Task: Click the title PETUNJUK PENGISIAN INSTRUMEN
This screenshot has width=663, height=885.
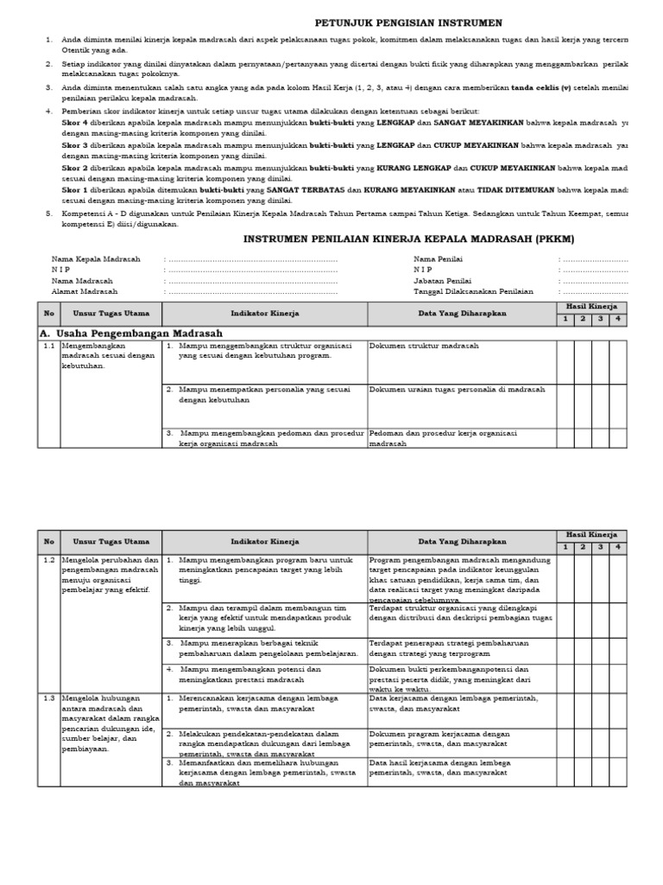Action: click(x=396, y=22)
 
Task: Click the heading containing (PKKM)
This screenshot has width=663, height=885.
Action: click(x=408, y=238)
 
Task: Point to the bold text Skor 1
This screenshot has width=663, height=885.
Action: click(x=74, y=188)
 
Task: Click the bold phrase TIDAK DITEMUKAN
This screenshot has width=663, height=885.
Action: click(x=484, y=188)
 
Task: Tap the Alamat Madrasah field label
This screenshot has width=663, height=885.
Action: click(x=85, y=291)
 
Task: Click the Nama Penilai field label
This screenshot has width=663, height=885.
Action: click(x=439, y=258)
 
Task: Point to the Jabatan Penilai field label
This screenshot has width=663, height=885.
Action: click(x=443, y=280)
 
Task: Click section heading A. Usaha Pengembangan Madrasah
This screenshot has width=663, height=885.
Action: click(x=131, y=333)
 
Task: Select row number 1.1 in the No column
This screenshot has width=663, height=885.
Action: click(x=49, y=346)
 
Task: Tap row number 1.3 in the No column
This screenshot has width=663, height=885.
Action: click(x=49, y=697)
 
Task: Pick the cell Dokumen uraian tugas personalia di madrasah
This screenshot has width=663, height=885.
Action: click(x=457, y=390)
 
